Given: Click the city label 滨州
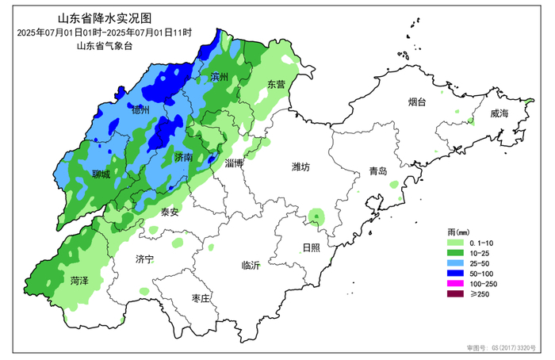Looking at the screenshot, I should [x=220, y=77].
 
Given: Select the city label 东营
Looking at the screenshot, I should [x=275, y=84].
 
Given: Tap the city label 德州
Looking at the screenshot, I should [x=140, y=109].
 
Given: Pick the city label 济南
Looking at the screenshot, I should [x=184, y=158].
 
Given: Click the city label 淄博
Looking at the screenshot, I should [x=234, y=163].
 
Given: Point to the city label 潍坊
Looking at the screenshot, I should [x=300, y=167].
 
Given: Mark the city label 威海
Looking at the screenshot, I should [x=500, y=114].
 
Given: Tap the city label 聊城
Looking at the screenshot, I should [x=101, y=174].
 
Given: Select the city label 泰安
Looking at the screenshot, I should [x=169, y=212].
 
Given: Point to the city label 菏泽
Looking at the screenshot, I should [x=78, y=281].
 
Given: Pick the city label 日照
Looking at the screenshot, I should [x=311, y=247].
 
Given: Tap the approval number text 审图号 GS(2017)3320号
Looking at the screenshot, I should [x=503, y=347].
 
